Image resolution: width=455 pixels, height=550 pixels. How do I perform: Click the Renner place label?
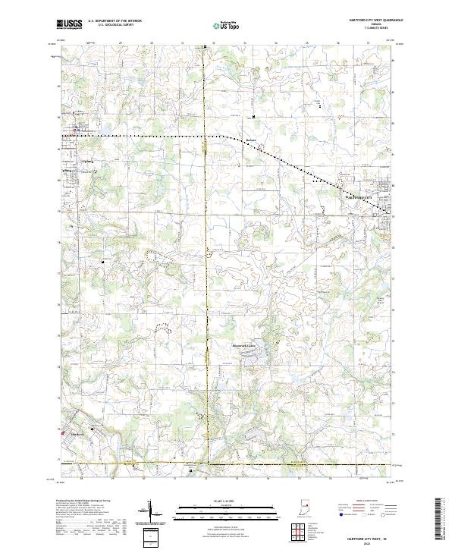[x=251, y=140]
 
